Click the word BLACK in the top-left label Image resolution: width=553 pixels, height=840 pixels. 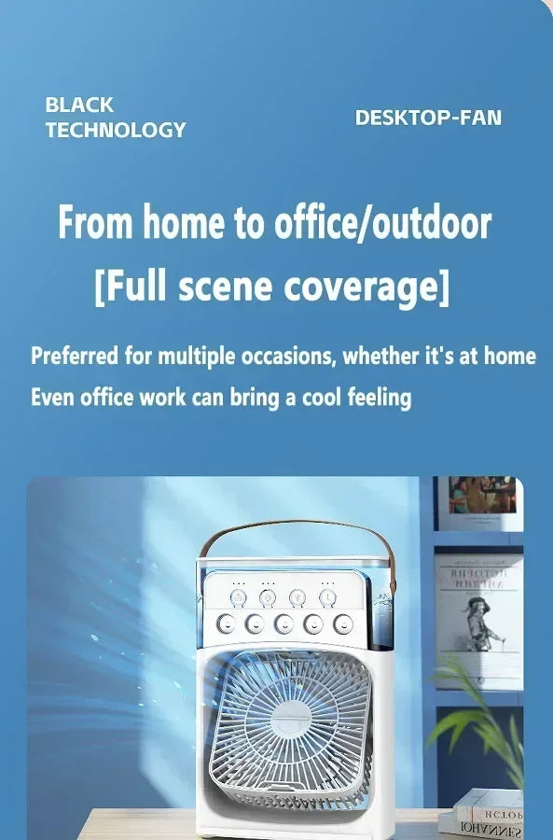79,105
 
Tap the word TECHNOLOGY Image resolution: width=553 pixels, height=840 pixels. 116,130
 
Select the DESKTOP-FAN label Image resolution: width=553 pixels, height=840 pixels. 428,118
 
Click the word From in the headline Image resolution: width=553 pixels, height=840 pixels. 95,223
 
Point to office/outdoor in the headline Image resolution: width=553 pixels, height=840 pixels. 382,223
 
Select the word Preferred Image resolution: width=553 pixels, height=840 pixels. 75,356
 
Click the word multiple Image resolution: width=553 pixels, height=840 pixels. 192,356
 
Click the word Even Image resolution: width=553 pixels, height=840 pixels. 51,398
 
